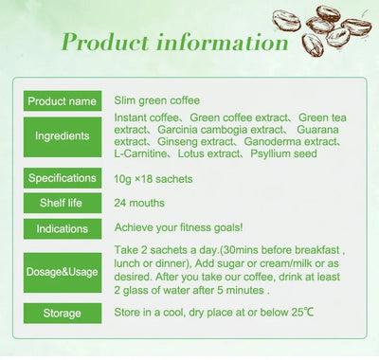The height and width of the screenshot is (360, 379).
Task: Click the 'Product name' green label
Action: click(63, 101)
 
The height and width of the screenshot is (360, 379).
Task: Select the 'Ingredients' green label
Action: click(63, 136)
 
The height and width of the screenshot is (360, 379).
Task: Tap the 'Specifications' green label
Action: click(63, 178)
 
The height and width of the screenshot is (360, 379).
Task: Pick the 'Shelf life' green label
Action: click(63, 203)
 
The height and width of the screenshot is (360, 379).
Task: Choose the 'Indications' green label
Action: click(63, 228)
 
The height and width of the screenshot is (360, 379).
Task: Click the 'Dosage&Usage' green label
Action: click(63, 272)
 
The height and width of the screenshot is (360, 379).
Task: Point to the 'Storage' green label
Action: click(63, 314)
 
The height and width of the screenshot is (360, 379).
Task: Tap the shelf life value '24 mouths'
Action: click(140, 203)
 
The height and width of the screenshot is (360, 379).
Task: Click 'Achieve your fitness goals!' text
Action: click(177, 228)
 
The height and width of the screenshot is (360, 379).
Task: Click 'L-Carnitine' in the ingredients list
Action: click(142, 153)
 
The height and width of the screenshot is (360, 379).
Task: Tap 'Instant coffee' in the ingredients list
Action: click(147, 117)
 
